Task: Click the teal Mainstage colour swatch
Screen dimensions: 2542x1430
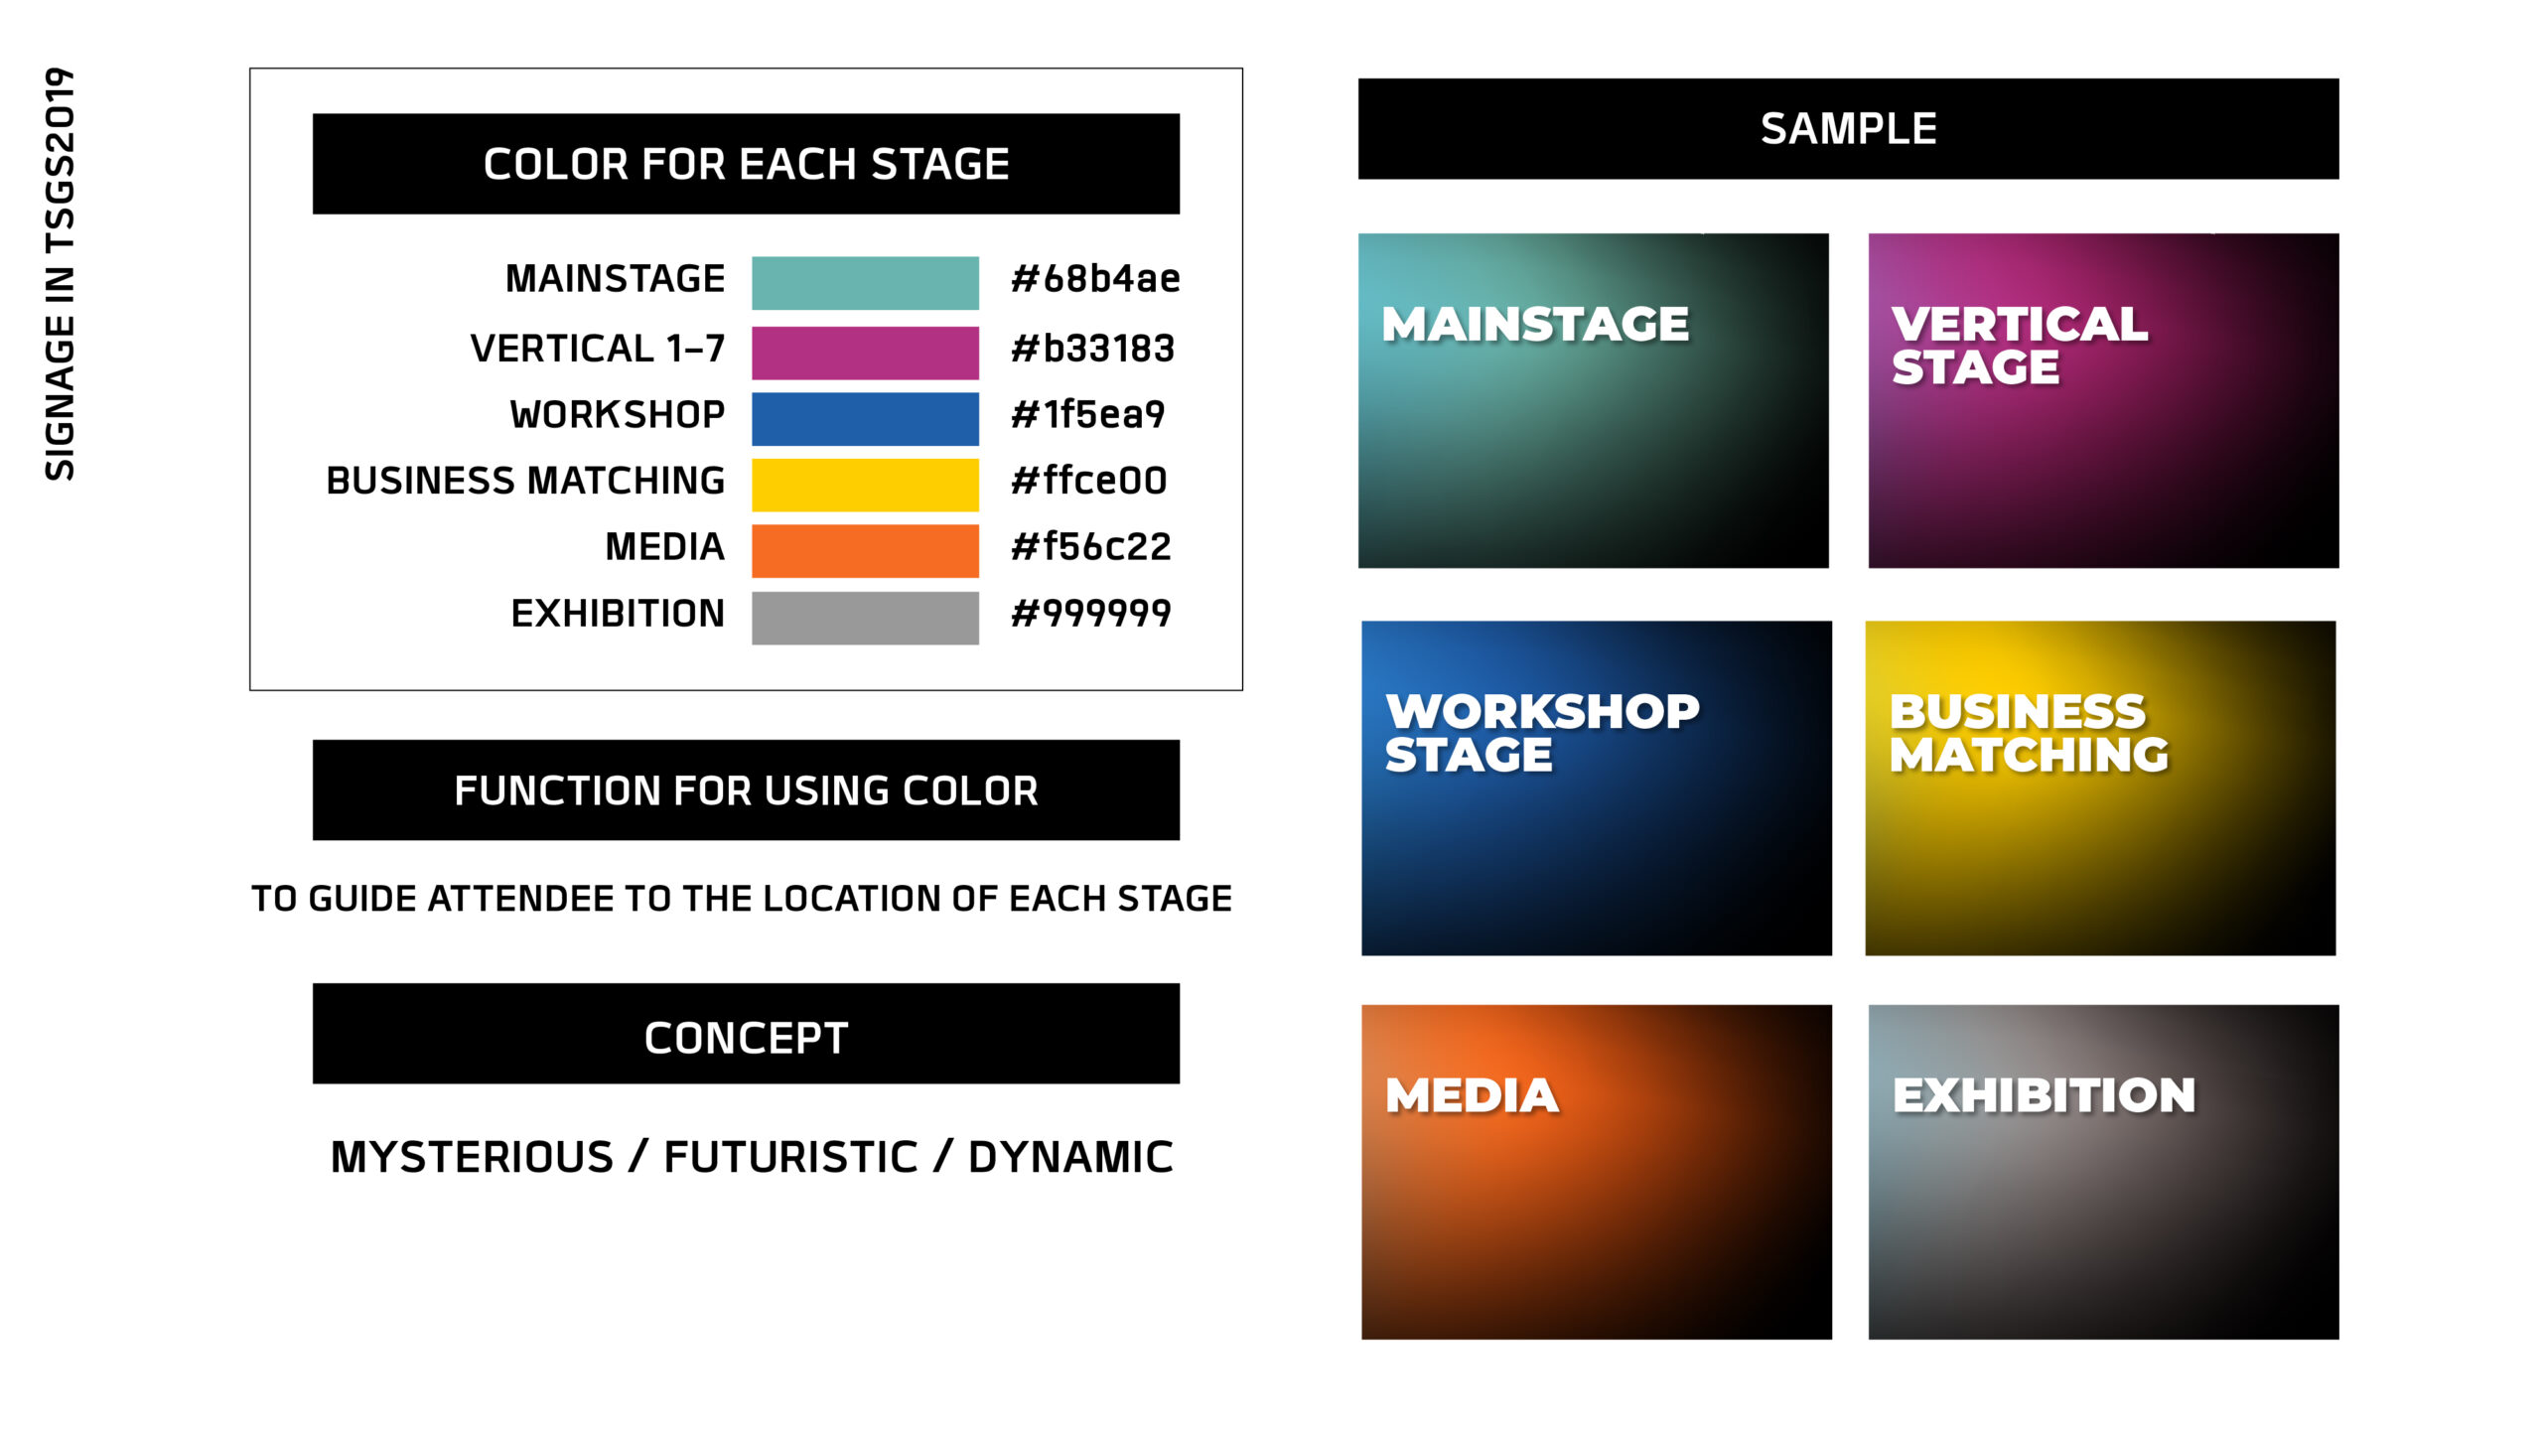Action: [865, 283]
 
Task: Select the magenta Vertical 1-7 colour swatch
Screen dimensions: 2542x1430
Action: [865, 353]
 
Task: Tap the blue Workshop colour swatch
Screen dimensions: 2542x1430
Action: [865, 419]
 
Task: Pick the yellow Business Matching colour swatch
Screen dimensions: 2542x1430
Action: [865, 485]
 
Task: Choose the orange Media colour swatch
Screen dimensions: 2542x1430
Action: [865, 551]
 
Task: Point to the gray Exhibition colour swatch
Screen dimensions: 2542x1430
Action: [865, 618]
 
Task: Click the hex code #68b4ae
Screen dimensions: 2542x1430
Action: [1095, 279]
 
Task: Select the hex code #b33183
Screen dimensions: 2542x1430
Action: [1092, 349]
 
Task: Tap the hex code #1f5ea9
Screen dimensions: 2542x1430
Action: [1087, 414]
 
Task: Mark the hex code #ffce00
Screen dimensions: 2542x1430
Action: [1088, 481]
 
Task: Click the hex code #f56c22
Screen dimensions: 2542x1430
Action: [1090, 547]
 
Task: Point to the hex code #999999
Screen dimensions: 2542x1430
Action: [1090, 614]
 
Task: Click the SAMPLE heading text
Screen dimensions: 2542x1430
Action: [1848, 129]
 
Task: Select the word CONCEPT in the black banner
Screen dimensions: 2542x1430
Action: [746, 1039]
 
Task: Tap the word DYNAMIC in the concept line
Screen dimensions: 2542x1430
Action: [1070, 1158]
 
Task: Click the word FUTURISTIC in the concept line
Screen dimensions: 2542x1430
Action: [790, 1158]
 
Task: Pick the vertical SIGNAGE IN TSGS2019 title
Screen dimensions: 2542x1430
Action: [61, 274]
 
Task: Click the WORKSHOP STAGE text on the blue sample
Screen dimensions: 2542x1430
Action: [1542, 733]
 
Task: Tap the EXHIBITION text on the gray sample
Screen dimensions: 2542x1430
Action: [2044, 1096]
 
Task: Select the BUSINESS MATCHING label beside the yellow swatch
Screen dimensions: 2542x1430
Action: [525, 481]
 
